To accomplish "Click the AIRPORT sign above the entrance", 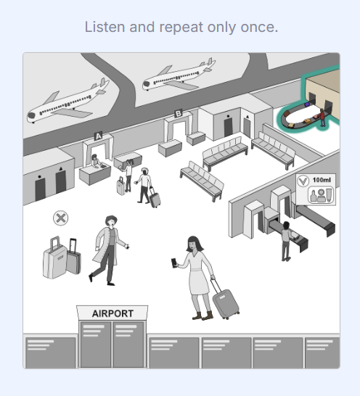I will pos(112,313).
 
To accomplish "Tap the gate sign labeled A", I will pos(99,135).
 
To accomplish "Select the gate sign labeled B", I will pos(179,113).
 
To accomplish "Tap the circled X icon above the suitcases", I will pos(61,218).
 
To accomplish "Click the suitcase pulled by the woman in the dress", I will pos(225,303).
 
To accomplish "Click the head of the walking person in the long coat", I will pos(111,222).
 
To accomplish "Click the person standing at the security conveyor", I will pos(286,239).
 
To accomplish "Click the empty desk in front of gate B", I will pos(169,147).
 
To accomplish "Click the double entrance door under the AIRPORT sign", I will pos(112,344).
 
